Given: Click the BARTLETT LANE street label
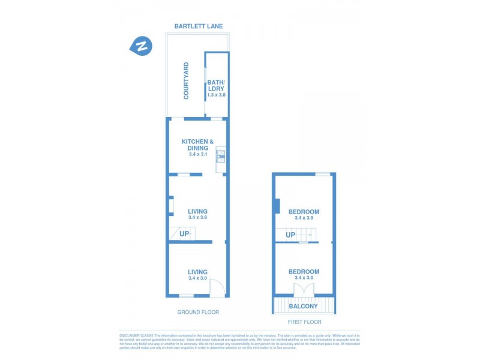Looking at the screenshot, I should click(199, 26).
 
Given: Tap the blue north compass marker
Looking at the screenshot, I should click(142, 46).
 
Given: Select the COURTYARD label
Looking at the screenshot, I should click(186, 81).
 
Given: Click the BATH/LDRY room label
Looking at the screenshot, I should click(216, 85).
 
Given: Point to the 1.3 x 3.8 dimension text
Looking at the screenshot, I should click(216, 95).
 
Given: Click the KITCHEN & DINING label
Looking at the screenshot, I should click(198, 145).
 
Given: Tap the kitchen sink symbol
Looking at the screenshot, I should click(220, 155).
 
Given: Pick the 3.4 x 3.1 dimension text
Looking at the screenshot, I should click(198, 155).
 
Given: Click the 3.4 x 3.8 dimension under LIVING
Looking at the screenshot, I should click(197, 218).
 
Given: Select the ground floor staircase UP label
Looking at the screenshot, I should click(184, 233).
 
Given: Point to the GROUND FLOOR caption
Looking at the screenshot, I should click(198, 312).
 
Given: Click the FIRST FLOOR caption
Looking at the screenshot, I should click(304, 322).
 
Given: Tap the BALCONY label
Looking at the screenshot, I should click(304, 307).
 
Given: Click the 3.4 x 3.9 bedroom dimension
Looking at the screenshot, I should click(304, 218).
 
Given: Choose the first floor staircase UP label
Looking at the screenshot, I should click(290, 235).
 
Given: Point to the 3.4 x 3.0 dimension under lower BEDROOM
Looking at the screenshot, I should click(304, 278).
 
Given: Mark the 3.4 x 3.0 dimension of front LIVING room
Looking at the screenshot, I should click(197, 278).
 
